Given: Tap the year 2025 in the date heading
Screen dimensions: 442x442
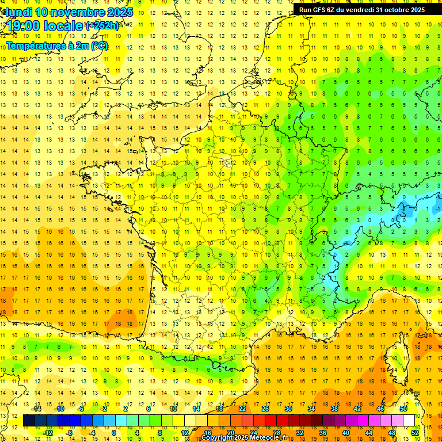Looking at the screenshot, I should pos(119,12).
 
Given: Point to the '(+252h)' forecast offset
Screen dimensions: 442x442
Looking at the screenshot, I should pos(102,26).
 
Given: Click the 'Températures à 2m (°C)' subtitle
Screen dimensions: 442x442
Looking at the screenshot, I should pos(56,45).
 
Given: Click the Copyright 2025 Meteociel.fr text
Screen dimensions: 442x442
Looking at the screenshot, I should pos(244,438).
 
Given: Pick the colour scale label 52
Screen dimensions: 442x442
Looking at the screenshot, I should pos(415,433).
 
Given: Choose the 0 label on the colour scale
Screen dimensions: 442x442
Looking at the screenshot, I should pos(114,433).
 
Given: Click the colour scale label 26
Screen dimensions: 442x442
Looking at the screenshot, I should pos(265,409).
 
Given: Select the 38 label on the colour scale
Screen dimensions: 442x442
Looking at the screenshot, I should pos(334,409).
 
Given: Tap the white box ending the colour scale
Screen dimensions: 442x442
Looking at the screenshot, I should pos(409,421).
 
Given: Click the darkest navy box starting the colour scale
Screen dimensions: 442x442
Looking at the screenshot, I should pos(29,421).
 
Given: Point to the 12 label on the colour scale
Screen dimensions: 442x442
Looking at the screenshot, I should pos(185,433).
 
